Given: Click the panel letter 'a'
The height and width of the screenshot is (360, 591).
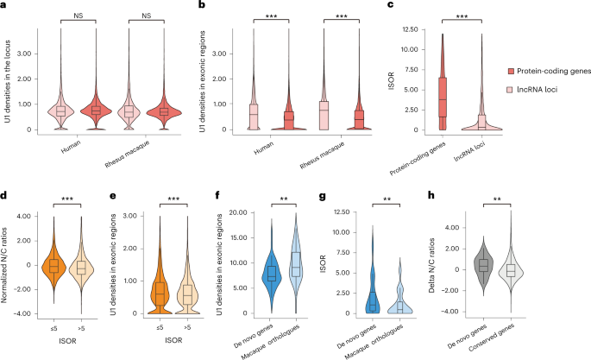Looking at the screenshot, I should pos(5,6).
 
